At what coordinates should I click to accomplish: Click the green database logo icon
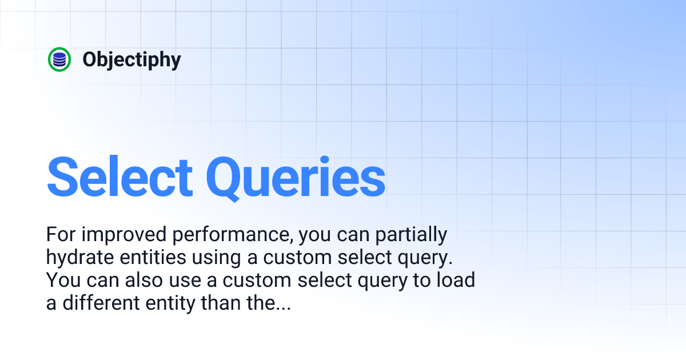pyautogui.click(x=59, y=59)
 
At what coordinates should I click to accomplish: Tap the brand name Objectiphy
pyautogui.click(x=131, y=59)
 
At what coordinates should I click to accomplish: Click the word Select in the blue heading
pyautogui.click(x=119, y=177)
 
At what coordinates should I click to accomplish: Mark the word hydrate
pyautogui.click(x=79, y=258)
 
